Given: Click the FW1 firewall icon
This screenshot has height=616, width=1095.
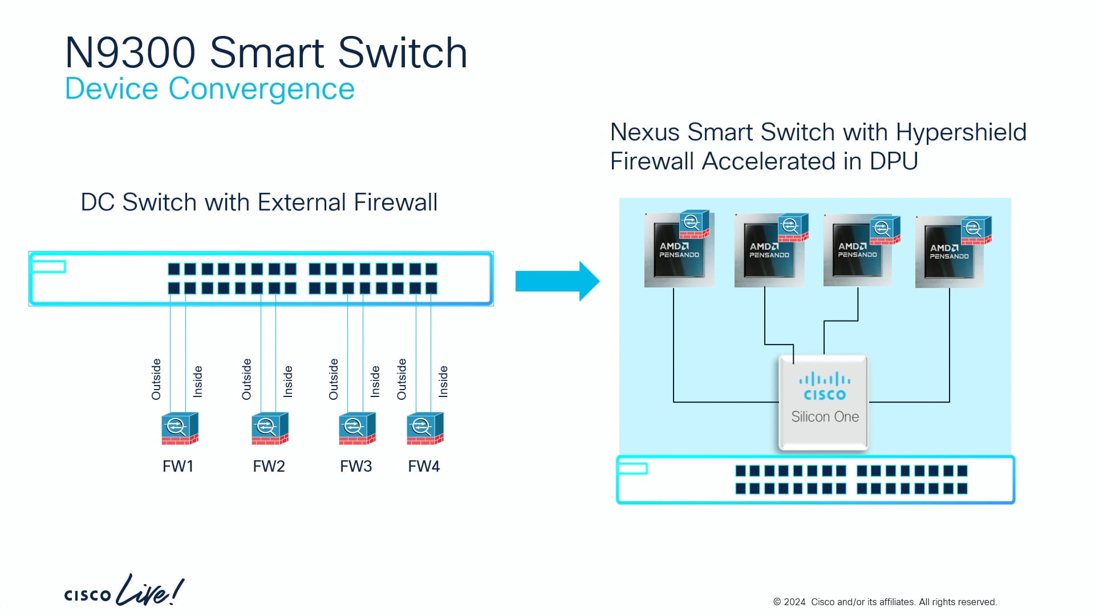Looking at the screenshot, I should point(180,429).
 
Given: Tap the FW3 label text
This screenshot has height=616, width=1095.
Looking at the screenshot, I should point(356,467).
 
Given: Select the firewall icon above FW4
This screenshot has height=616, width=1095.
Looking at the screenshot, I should point(425,429).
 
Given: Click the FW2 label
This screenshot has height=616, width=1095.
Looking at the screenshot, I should point(269,467).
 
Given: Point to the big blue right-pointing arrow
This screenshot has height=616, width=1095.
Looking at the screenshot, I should point(557,281).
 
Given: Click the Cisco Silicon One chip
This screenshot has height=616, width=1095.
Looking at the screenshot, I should point(824,403).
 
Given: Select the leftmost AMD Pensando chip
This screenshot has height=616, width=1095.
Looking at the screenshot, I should point(678,251).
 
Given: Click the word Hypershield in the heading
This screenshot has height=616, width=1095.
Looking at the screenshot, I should point(961,132).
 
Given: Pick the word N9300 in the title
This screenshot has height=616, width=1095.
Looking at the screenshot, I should point(130,53).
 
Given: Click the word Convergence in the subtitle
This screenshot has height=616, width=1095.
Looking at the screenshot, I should point(261,89).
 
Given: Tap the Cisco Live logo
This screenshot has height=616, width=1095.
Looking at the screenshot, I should point(124,591).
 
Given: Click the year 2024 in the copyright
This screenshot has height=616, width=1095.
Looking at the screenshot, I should point(794,602).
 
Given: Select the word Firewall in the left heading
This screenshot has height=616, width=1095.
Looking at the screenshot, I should point(395,202).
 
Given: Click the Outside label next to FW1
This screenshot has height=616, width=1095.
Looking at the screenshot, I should point(156,379).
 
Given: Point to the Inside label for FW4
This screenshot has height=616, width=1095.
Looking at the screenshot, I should point(443,382).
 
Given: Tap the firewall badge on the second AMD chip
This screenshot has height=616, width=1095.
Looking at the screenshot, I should point(793,227).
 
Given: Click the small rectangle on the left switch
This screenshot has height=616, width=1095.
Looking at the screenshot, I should point(49,266).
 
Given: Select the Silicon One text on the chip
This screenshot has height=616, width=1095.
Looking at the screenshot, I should point(825,417).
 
